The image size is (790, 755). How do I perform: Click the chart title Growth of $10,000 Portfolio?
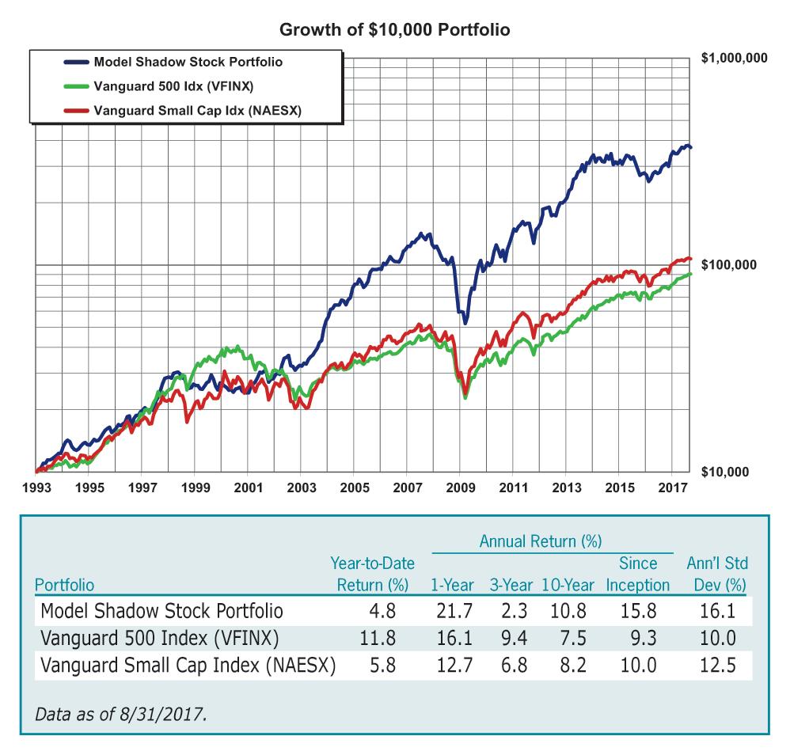(x=395, y=30)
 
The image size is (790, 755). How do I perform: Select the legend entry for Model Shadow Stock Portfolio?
(x=188, y=61)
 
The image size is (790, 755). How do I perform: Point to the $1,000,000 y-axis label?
(x=734, y=59)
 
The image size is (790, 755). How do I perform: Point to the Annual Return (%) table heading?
(x=541, y=542)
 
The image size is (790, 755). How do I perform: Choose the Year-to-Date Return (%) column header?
(x=368, y=575)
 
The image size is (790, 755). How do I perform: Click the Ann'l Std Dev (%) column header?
(x=717, y=575)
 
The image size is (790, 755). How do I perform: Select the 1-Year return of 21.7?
(x=454, y=611)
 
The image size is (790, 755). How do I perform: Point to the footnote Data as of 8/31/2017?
(x=120, y=715)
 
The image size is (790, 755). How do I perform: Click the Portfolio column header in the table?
(x=64, y=586)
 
